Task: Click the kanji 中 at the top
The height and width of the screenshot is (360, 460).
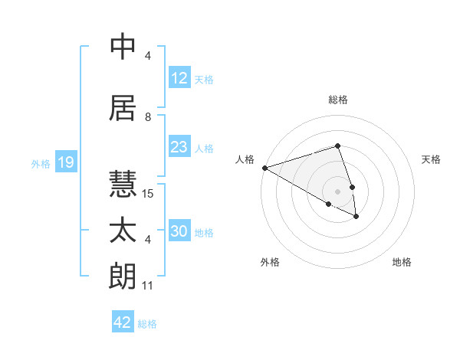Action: [123, 47]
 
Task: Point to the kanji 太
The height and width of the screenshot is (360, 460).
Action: [123, 231]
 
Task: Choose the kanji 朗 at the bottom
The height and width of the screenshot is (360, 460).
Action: [123, 277]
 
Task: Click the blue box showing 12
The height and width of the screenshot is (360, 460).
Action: [179, 78]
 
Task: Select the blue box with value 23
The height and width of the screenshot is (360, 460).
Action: [179, 147]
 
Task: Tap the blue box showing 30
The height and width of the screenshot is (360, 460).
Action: [179, 232]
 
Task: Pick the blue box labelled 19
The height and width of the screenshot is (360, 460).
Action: [65, 162]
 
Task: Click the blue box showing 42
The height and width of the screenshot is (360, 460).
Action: [123, 322]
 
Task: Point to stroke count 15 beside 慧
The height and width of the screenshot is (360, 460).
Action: [149, 194]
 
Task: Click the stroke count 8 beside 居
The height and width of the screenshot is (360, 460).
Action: [148, 117]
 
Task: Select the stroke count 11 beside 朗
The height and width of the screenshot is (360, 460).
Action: [148, 286]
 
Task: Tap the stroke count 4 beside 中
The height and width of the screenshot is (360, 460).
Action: [148, 56]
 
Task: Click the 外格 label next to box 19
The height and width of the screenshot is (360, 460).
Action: [40, 164]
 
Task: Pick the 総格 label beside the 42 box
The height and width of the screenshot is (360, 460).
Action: [147, 324]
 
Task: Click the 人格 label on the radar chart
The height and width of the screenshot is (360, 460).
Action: [245, 159]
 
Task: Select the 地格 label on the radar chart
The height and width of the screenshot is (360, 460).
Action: [402, 262]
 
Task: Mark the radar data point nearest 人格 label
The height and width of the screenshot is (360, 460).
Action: [264, 168]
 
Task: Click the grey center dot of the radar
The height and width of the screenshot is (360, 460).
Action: [337, 191]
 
